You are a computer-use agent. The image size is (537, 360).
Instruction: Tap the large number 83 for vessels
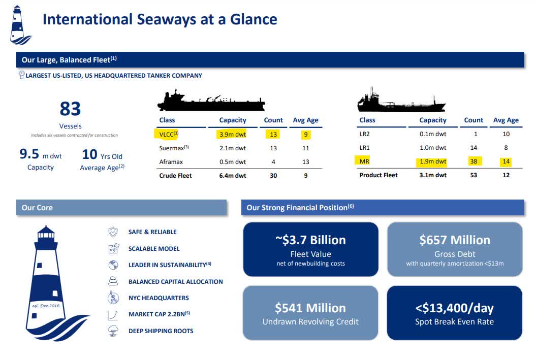coord(70,109)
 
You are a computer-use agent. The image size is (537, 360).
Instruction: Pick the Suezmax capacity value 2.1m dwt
coord(232,148)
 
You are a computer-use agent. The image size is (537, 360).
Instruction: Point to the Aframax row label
coord(171,162)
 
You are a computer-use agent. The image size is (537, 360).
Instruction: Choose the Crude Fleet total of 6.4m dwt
coord(232,175)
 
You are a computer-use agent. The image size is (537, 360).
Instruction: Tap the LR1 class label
coord(364,148)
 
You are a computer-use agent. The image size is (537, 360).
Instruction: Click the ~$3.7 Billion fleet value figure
coord(310,240)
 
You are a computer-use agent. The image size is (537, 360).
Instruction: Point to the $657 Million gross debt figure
coord(455,240)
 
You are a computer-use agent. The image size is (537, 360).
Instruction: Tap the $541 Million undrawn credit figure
coord(310,308)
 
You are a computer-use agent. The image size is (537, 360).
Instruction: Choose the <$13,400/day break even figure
coord(454,308)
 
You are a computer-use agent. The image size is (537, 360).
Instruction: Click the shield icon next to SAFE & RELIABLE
coord(113,232)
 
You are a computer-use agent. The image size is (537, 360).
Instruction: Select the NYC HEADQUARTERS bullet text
coord(159,298)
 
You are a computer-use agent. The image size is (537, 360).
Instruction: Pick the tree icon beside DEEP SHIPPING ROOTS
coord(113,331)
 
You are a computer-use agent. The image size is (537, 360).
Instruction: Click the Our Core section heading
coord(37,208)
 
